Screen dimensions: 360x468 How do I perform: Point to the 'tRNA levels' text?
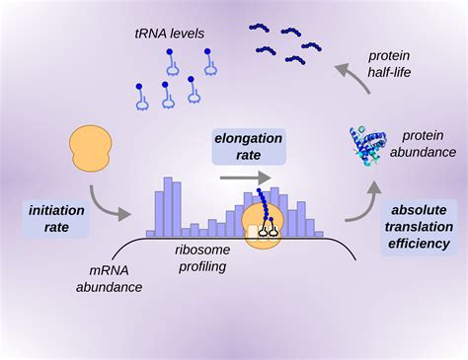coord(169,34)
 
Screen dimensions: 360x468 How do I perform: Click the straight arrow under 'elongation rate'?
coord(242,179)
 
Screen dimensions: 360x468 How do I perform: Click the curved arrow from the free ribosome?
coord(109,202)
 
